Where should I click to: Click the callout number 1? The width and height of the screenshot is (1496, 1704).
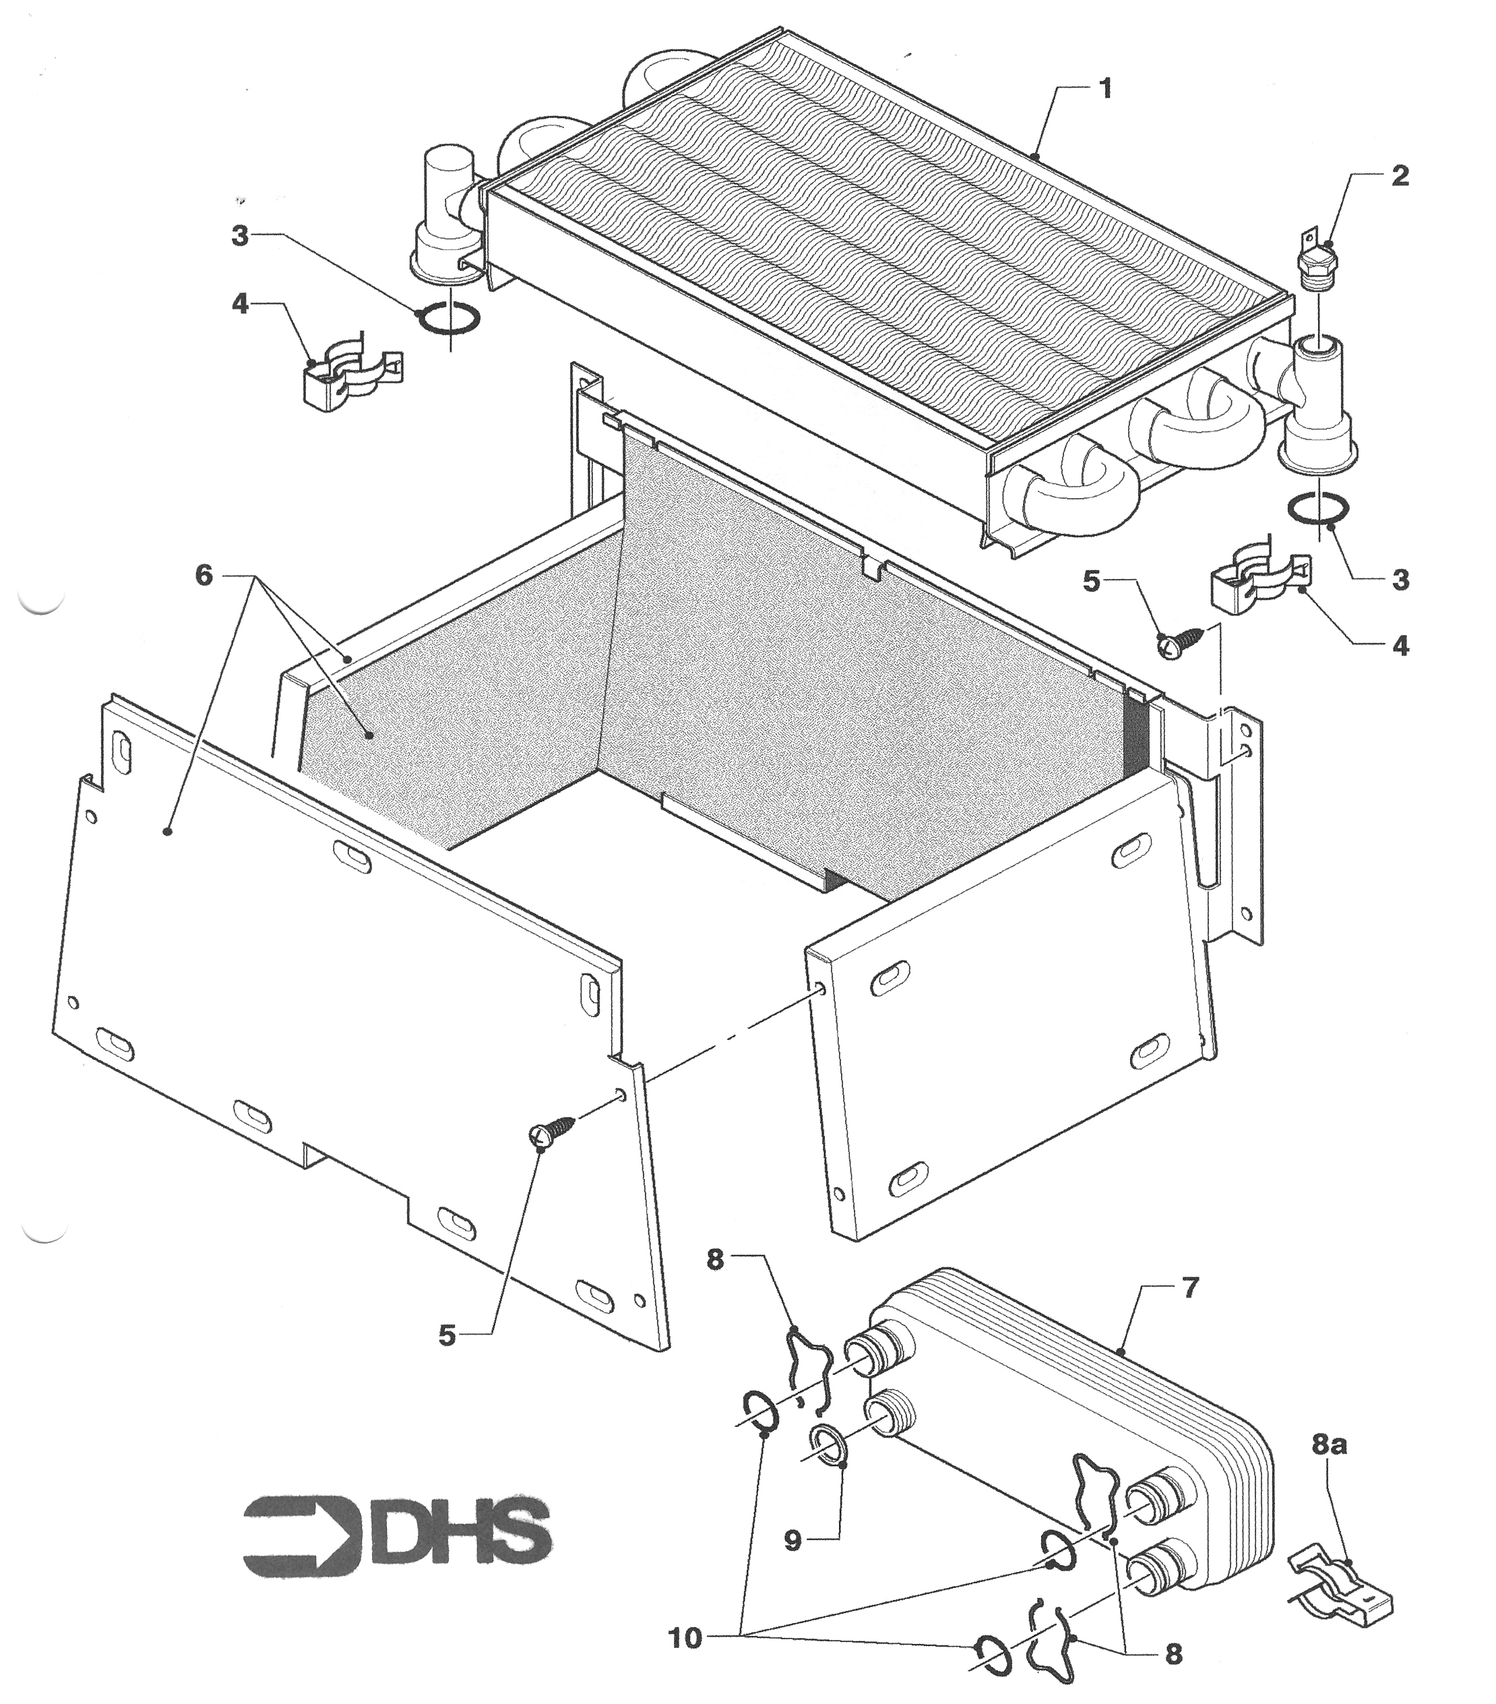tap(1106, 88)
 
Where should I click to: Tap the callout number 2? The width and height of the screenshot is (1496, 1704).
tap(1400, 176)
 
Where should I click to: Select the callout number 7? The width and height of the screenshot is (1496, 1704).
tap(1189, 1287)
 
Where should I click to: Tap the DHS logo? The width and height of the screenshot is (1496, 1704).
tap(397, 1532)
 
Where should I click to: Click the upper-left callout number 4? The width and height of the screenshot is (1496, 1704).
tap(240, 304)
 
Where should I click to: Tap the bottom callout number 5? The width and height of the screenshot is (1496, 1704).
tap(447, 1335)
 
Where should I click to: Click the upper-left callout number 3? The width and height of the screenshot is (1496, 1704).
tap(240, 237)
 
